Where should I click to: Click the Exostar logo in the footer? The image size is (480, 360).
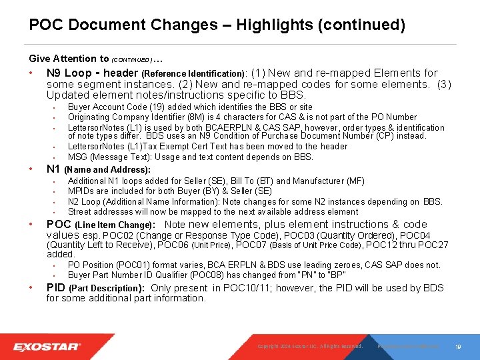pyautogui.click(x=47, y=347)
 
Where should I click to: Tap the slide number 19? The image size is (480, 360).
pyautogui.click(x=458, y=347)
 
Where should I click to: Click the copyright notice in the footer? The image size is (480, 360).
pyautogui.click(x=310, y=347)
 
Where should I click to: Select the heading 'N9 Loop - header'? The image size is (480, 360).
pyautogui.click(x=92, y=73)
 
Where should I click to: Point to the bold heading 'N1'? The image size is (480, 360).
pyautogui.click(x=54, y=169)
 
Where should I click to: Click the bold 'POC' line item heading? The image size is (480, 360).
pyautogui.click(x=59, y=225)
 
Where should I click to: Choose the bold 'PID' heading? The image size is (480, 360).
pyautogui.click(x=55, y=288)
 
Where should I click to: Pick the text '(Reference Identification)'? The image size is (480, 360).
pyautogui.click(x=194, y=73)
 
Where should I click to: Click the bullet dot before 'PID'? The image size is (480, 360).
pyautogui.click(x=32, y=288)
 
